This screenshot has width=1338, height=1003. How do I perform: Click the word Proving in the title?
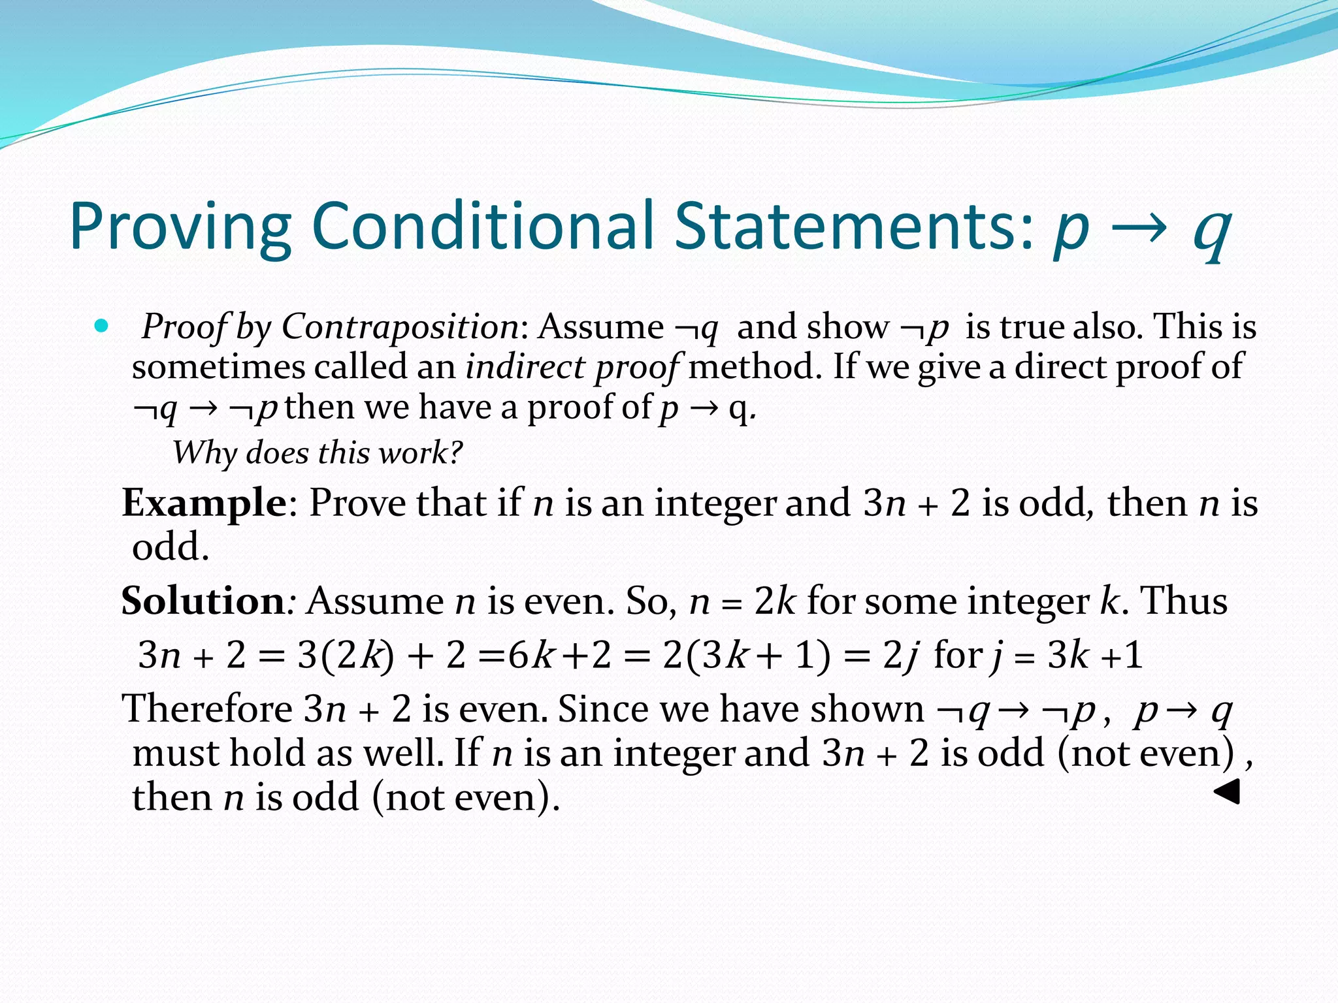click(x=180, y=227)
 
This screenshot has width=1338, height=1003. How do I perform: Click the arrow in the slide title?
click(x=1139, y=229)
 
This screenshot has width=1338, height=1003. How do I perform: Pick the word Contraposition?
click(x=400, y=326)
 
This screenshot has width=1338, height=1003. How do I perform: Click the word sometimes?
click(x=218, y=367)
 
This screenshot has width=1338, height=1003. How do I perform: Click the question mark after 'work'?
click(x=456, y=452)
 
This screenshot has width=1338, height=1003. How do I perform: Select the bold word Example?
click(x=204, y=503)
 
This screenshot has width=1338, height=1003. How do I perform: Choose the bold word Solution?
click(x=203, y=601)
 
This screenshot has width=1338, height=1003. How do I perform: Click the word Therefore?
click(x=208, y=709)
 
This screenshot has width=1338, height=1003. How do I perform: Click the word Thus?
click(x=1183, y=601)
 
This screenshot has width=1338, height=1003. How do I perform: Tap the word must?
click(x=175, y=753)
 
